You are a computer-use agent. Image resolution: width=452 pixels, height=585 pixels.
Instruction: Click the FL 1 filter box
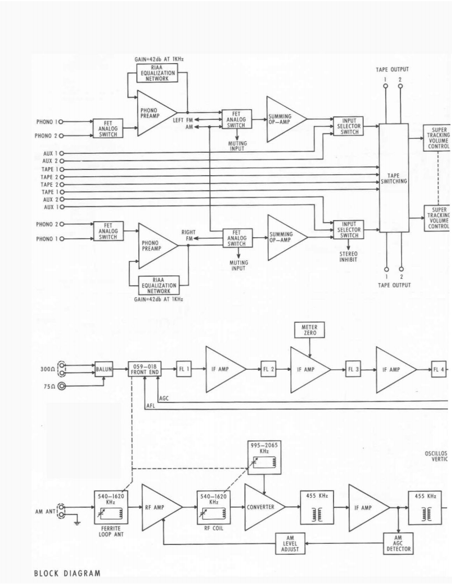pos(184,369)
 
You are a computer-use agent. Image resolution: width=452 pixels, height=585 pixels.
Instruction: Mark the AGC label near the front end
pos(164,397)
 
